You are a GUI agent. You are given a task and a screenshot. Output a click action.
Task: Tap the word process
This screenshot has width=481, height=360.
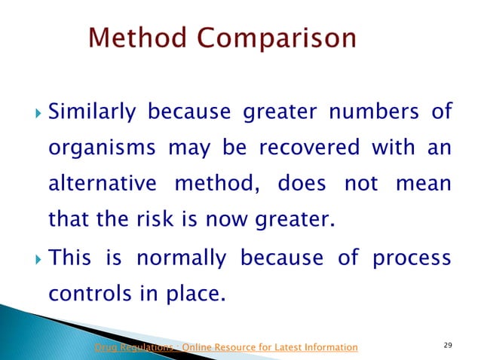(x=410, y=258)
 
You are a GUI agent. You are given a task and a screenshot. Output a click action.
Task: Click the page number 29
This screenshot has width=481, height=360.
(x=448, y=346)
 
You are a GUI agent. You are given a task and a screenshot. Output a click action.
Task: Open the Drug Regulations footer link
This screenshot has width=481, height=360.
(x=225, y=346)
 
